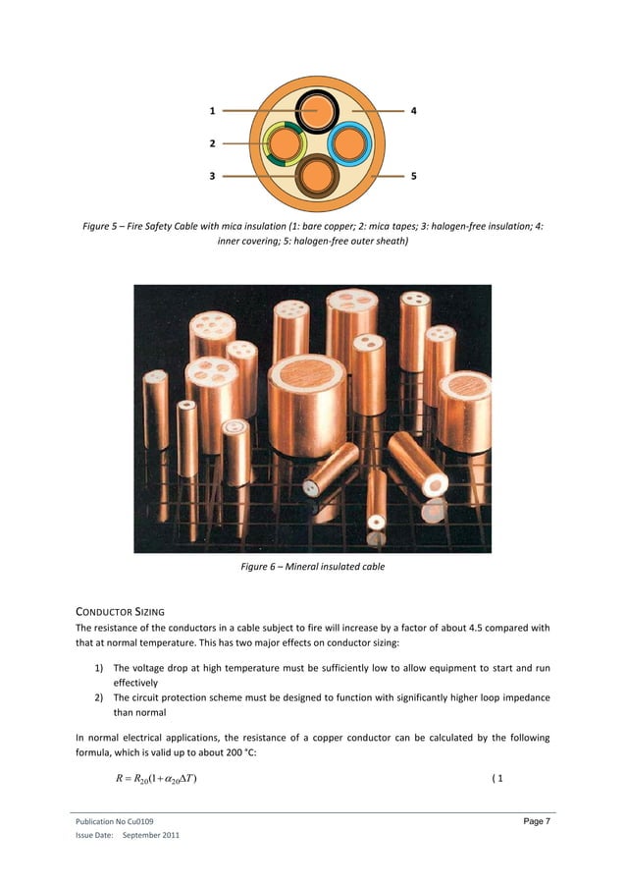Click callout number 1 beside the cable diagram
pos(212,111)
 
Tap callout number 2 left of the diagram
pos(212,143)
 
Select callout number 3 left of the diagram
pos(212,177)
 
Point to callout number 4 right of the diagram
pos(414,111)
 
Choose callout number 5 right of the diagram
pos(414,177)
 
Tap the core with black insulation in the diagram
pos(316,112)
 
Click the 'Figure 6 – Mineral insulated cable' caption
pos(312,567)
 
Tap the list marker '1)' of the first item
pos(100,669)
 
